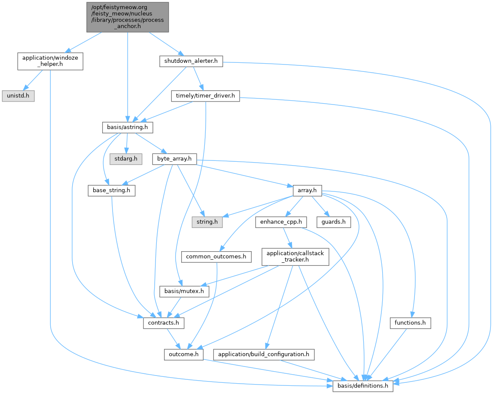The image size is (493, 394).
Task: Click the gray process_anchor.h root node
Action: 128,17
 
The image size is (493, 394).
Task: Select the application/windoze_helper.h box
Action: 50,61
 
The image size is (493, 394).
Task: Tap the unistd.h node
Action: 18,95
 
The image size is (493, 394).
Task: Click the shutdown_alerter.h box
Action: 191,61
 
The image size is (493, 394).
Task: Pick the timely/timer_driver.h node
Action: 206,95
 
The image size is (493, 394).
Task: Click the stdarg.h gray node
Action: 126,159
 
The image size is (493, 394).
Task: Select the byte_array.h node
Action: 174,159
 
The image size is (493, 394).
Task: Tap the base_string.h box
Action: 111,190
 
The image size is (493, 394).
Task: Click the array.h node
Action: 304,190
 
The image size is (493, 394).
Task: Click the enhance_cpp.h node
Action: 281,222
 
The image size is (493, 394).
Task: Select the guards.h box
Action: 334,222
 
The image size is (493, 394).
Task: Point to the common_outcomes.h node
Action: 216,257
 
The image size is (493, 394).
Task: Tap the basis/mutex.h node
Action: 184,291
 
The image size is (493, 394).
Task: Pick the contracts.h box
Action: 164,322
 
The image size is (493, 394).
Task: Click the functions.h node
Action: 410,322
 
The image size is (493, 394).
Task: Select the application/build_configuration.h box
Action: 264,354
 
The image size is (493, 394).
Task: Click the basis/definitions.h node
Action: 362,386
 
